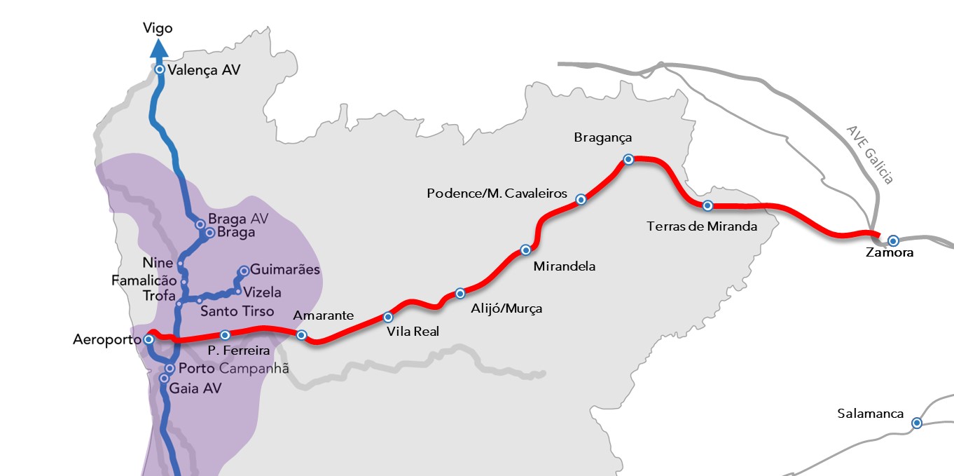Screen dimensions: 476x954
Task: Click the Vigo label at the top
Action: coord(158,28)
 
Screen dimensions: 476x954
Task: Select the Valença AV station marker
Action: coord(160,69)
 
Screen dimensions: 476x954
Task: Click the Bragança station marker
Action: coord(628,159)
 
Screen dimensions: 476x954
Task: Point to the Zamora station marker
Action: coord(893,240)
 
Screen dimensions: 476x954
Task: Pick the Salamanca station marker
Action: coord(916,423)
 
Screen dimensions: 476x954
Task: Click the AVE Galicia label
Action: coord(870,155)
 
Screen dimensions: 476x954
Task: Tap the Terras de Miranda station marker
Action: coord(707,205)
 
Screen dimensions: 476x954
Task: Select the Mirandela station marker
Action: coord(525,250)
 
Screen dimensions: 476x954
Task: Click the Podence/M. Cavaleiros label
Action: coord(497,193)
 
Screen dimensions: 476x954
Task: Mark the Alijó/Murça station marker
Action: coord(459,293)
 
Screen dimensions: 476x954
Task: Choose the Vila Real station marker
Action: coord(388,317)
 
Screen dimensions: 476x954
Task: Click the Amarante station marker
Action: coord(301,335)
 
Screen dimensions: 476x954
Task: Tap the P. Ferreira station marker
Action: coord(225,334)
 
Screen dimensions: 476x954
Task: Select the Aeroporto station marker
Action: coord(148,339)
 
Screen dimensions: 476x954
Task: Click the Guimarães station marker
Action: coord(244,270)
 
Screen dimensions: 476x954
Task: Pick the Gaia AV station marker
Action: coord(164,379)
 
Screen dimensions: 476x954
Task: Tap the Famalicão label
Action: coord(144,280)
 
